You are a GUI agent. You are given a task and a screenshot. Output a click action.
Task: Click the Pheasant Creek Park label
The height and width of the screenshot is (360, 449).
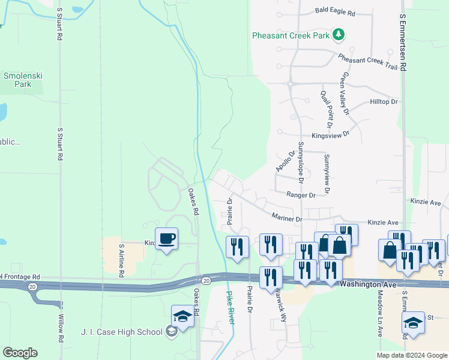291,36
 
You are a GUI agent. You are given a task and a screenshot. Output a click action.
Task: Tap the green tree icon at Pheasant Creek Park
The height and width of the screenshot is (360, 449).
339,35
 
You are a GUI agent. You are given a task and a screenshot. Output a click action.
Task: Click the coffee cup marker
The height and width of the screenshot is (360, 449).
166,239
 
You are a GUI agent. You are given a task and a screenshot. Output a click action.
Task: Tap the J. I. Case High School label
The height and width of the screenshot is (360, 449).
122,332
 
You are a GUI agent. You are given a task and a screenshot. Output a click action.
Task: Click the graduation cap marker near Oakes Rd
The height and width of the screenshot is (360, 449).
182,316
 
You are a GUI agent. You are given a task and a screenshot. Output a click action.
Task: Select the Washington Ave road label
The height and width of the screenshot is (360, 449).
368,284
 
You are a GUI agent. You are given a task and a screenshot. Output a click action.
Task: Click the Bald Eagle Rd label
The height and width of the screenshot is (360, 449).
335,13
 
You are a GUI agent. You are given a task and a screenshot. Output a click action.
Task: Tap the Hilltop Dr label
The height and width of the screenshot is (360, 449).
384,102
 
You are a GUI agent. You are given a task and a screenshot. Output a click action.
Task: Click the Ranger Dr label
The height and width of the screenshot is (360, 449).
301,195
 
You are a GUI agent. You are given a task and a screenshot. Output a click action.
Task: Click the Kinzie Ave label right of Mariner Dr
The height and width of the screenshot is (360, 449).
383,222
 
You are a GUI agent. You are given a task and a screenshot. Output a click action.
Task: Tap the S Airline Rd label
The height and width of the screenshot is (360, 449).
121,259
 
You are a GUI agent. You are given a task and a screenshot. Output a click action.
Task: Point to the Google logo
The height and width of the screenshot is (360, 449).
20,353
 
